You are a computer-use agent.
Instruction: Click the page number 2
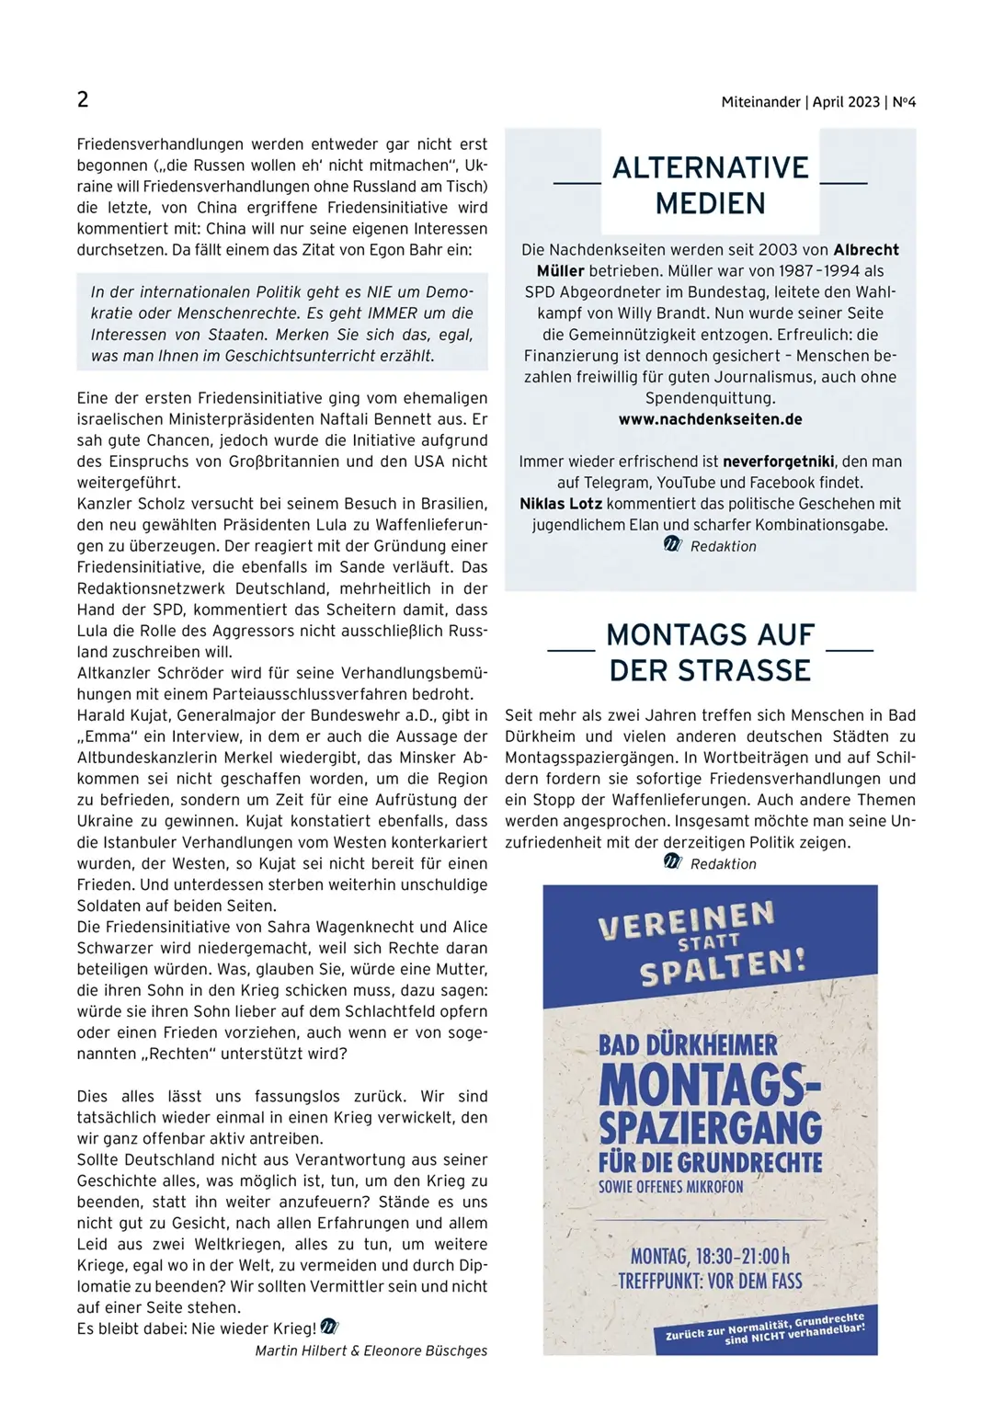tap(83, 99)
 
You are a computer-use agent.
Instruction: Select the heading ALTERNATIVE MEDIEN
tap(711, 185)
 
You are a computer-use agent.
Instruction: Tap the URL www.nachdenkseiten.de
tap(710, 419)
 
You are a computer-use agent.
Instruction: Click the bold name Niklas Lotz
tap(561, 504)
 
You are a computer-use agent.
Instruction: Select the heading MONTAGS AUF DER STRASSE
tap(710, 653)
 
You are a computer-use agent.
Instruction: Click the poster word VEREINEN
tap(686, 920)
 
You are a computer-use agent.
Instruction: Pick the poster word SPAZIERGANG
tap(711, 1127)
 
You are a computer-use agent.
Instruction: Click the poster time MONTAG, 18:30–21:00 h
tap(710, 1256)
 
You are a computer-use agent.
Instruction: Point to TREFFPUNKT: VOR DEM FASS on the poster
tap(710, 1281)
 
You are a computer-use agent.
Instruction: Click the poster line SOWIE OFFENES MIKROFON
tap(671, 1187)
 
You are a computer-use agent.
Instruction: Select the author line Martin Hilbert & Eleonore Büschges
tap(371, 1351)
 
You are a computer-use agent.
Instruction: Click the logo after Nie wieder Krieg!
tap(330, 1328)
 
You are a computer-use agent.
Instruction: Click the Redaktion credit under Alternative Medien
tap(723, 546)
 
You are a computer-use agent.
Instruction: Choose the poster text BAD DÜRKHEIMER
tap(688, 1045)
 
